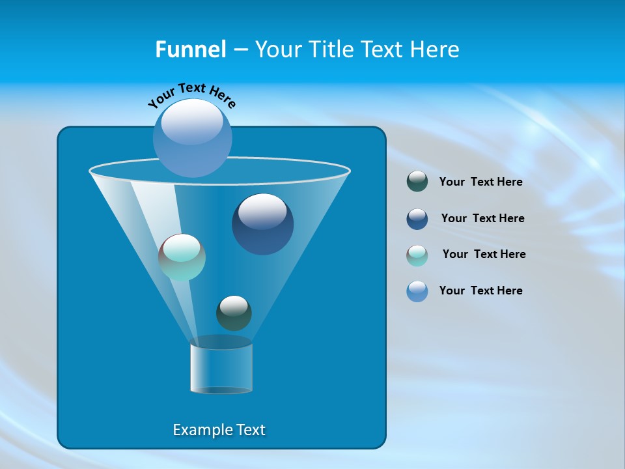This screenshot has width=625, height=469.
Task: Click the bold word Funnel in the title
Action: click(191, 50)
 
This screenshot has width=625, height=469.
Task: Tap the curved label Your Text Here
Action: click(192, 95)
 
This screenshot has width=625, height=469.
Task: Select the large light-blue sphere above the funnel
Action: click(193, 140)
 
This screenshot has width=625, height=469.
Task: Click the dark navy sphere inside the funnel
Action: click(262, 224)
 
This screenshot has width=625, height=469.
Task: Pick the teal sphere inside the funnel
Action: click(182, 257)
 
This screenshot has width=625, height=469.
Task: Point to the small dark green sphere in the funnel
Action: click(234, 313)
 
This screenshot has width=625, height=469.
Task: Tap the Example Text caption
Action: click(219, 430)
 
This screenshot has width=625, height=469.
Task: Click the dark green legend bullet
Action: click(417, 182)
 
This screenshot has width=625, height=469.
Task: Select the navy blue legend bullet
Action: click(417, 219)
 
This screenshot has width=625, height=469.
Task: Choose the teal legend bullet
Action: click(417, 255)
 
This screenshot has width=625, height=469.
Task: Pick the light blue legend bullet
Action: click(417, 291)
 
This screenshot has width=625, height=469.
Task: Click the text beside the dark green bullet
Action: click(480, 182)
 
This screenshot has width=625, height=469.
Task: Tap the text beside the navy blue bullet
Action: click(482, 219)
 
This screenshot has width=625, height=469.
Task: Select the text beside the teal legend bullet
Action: click(484, 255)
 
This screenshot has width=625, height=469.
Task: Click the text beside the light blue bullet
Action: click(480, 291)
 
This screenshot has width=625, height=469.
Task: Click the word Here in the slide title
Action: click(436, 50)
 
